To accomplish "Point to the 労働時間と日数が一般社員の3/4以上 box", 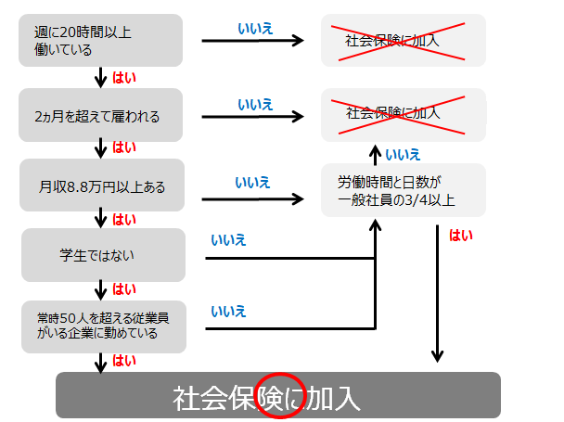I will tap(403, 190).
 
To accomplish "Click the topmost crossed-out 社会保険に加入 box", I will tap(403, 41).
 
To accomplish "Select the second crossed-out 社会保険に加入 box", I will tap(403, 114).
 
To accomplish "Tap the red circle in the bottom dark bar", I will tap(277, 397).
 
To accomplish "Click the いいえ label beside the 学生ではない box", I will tap(228, 240).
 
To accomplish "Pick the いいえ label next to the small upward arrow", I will tap(402, 154).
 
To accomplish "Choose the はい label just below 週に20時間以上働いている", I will tap(123, 78).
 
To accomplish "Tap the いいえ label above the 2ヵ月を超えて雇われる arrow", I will tap(254, 103).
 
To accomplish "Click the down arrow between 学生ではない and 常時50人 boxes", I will tap(99, 289).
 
